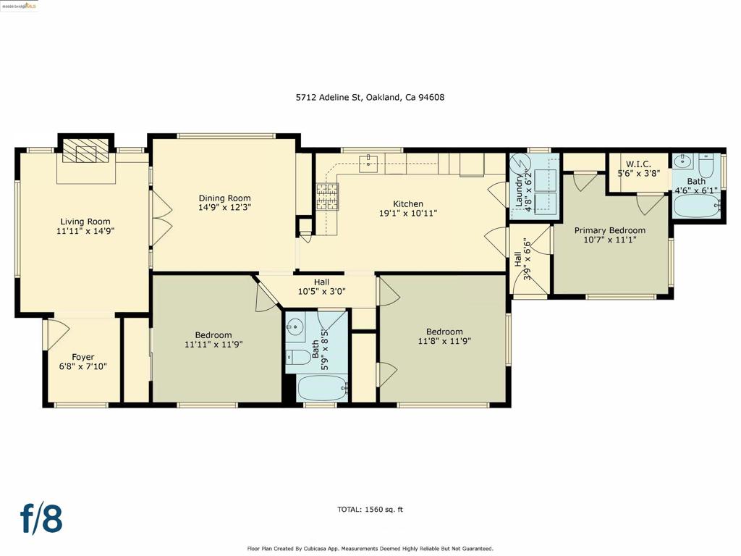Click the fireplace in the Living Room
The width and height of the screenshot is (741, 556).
tap(85, 153)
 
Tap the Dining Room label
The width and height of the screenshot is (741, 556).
tap(224, 198)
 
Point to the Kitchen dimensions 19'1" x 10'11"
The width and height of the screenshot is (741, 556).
tap(407, 214)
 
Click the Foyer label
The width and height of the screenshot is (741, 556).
tap(82, 357)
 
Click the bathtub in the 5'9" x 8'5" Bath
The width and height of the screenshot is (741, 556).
tap(323, 387)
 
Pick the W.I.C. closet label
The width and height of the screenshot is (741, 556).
tap(638, 164)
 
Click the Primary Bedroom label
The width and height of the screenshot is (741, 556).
tap(609, 230)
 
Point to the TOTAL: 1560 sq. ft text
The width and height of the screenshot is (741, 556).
tap(370, 510)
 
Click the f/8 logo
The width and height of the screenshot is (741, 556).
tap(41, 518)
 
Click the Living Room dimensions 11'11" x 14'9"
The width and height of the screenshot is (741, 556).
tap(85, 232)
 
